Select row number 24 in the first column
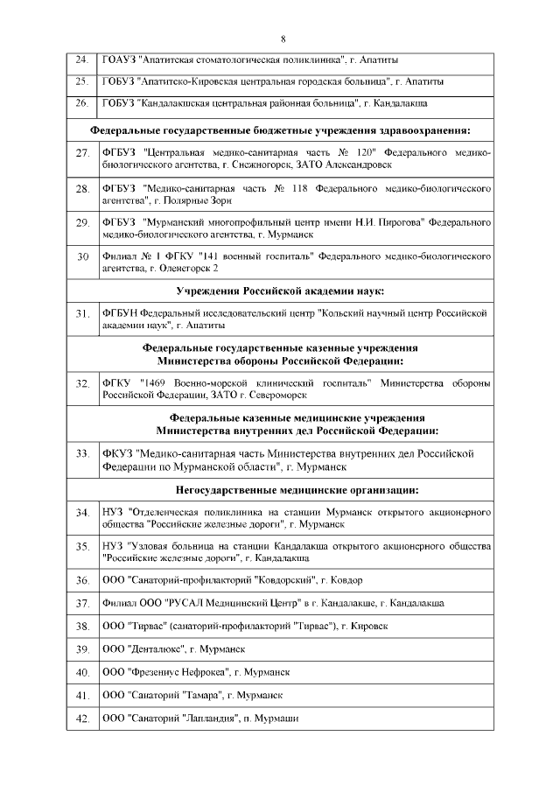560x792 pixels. click(81, 60)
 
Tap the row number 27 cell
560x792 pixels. click(83, 154)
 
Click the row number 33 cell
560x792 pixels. click(83, 453)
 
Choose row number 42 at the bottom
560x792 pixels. click(83, 718)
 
